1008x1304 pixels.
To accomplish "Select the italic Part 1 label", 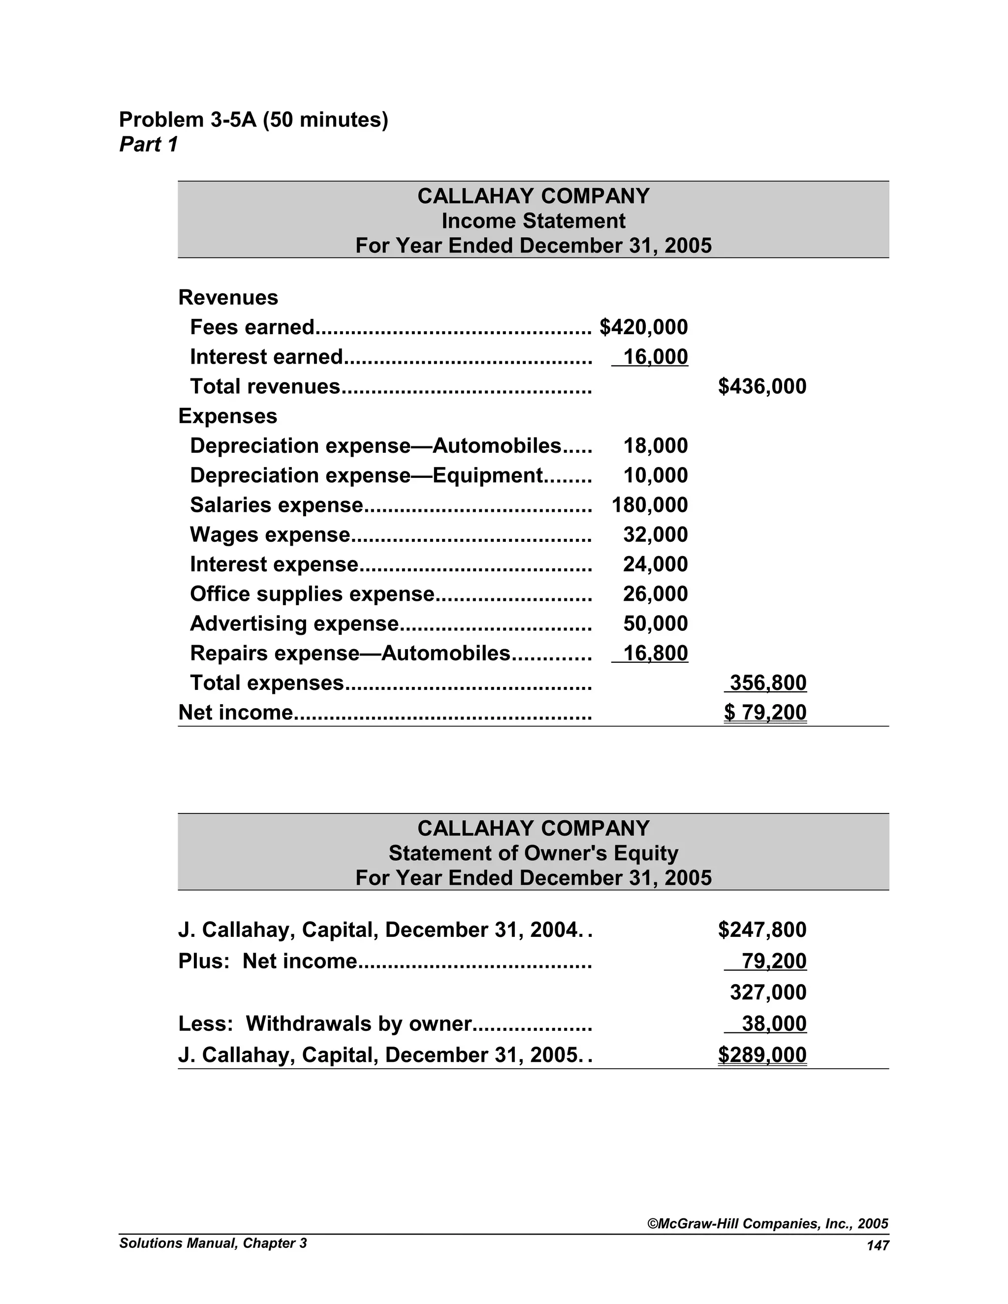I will [x=148, y=145].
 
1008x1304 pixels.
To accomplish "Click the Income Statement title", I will [x=533, y=221].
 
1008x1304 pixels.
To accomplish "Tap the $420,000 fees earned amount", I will [x=643, y=327].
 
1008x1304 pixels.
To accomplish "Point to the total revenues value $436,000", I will [x=761, y=386].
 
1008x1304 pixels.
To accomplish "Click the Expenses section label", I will [x=227, y=416].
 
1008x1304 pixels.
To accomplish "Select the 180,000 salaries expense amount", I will [x=649, y=505].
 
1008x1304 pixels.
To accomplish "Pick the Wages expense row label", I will [x=269, y=534].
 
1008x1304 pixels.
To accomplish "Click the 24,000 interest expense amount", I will [x=655, y=564].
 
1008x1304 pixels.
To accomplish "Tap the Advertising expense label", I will [x=294, y=623].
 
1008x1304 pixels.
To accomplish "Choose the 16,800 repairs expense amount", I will [x=655, y=653].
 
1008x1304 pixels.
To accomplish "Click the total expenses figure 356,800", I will [x=767, y=683].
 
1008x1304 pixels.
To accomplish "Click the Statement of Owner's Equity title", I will [x=533, y=853].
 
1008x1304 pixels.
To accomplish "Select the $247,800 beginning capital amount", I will [x=761, y=930].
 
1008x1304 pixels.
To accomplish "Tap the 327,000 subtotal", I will [x=767, y=993].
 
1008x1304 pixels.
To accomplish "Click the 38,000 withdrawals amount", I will [x=773, y=1024].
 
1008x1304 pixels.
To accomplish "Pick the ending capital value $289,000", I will [x=761, y=1055].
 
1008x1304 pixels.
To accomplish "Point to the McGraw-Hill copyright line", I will [x=767, y=1223].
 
